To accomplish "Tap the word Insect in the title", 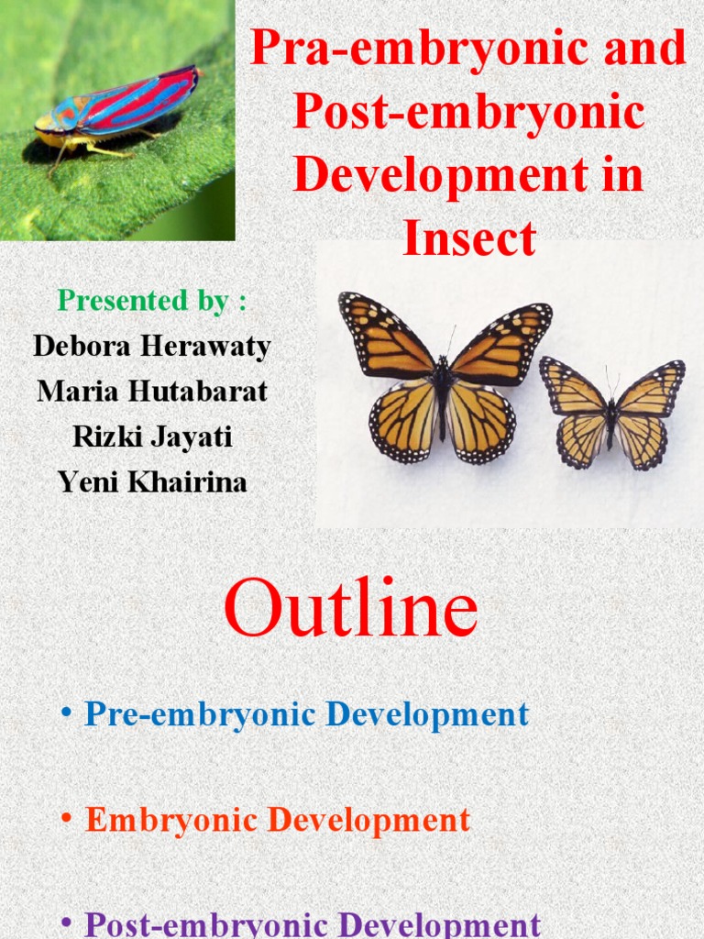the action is [469, 238].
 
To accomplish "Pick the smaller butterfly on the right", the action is [611, 414].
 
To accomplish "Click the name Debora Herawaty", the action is [152, 346].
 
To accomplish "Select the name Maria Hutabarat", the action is [152, 392].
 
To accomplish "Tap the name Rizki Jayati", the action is [152, 436].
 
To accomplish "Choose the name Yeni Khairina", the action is [152, 482].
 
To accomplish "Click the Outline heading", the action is [351, 608].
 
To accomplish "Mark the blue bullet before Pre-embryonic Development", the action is [66, 712].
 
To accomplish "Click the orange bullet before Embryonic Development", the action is [66, 817].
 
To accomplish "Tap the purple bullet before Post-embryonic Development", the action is [66, 922].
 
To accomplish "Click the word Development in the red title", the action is [440, 174].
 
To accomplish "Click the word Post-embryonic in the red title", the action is [468, 111].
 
